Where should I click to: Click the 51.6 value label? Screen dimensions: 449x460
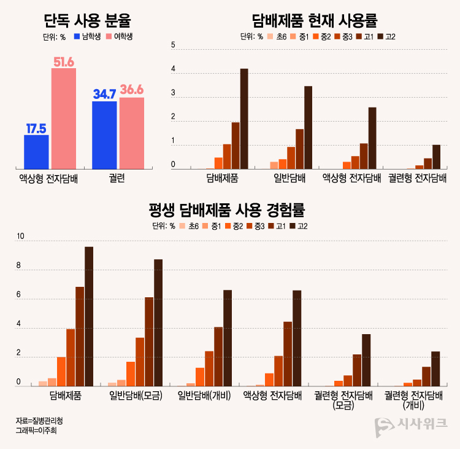tap(64, 61)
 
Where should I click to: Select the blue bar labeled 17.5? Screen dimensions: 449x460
tap(36, 152)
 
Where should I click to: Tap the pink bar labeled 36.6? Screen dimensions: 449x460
tap(132, 133)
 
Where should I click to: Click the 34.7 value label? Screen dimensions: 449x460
tap(104, 94)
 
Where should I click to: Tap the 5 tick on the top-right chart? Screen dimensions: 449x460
tap(174, 45)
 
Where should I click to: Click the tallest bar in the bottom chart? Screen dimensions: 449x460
tap(89, 316)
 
